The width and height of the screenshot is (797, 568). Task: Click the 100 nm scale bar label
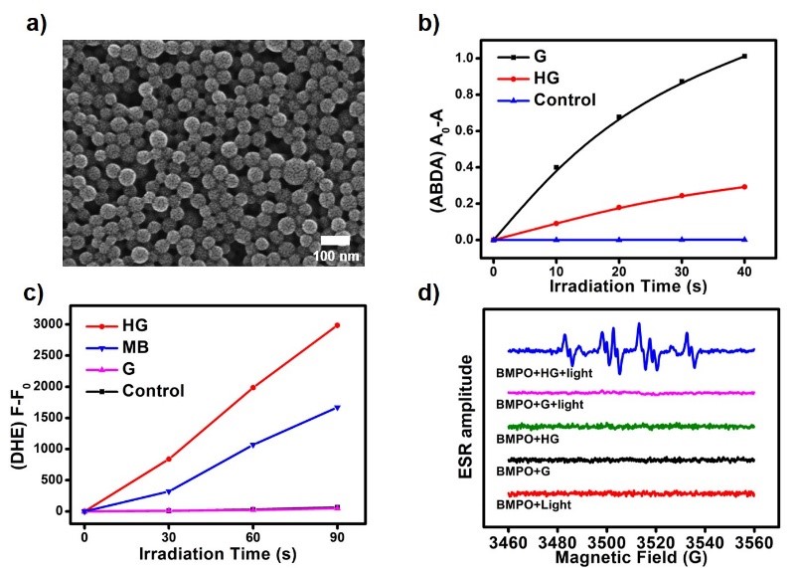pos(336,255)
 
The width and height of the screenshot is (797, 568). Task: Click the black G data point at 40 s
pos(744,56)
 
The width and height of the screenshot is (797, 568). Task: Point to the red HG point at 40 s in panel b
pos(744,187)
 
